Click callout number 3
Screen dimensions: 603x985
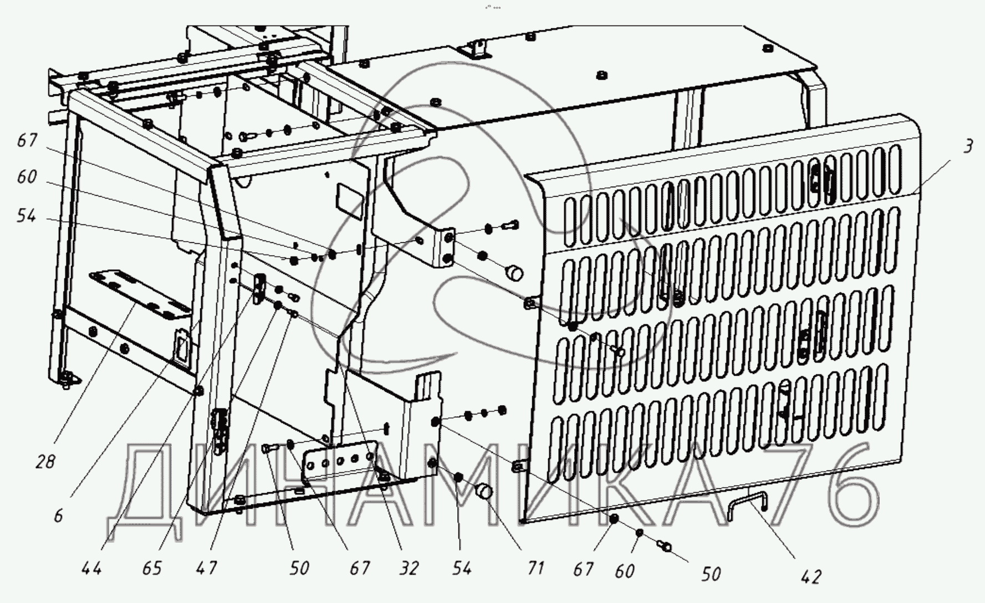(967, 147)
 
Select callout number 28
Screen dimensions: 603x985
(45, 461)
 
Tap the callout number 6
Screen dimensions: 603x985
(58, 516)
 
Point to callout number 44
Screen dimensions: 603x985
(91, 568)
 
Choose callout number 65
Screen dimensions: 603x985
(151, 568)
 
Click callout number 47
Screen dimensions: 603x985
(206, 568)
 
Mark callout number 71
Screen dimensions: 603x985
(535, 568)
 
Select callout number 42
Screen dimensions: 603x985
(810, 577)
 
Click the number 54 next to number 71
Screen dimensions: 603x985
(461, 568)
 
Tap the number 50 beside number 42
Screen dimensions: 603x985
(710, 574)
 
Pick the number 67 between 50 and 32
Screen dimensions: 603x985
(359, 568)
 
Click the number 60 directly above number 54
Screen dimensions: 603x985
(27, 177)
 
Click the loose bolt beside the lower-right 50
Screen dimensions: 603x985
(664, 546)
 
